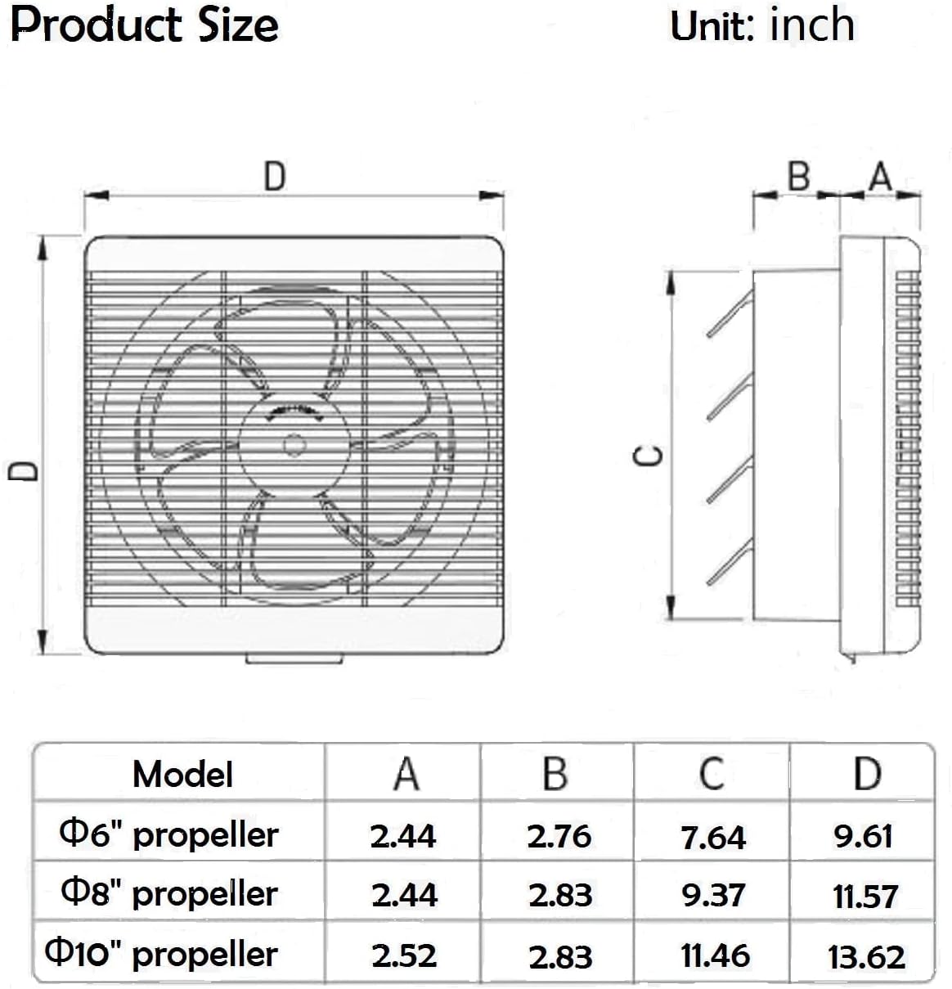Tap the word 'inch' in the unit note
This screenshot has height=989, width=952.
[x=812, y=25]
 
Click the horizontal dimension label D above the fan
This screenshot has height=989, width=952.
[x=275, y=177]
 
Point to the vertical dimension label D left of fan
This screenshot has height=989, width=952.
[x=23, y=472]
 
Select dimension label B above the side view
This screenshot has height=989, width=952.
[x=798, y=176]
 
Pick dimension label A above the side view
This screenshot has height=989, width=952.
[x=880, y=176]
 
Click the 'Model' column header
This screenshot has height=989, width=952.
[x=182, y=774]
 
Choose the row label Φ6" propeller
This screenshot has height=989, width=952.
[x=170, y=834]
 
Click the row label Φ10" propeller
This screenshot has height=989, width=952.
[x=162, y=954]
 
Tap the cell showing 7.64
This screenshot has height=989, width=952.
[x=713, y=837]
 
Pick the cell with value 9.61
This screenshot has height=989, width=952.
[x=864, y=836]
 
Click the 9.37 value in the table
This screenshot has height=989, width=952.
[x=713, y=896]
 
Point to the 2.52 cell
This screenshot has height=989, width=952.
[x=404, y=955]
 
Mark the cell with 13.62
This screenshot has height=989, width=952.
[x=866, y=956]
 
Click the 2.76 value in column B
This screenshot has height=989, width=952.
[x=559, y=836]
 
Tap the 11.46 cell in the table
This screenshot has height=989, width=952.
[x=715, y=955]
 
